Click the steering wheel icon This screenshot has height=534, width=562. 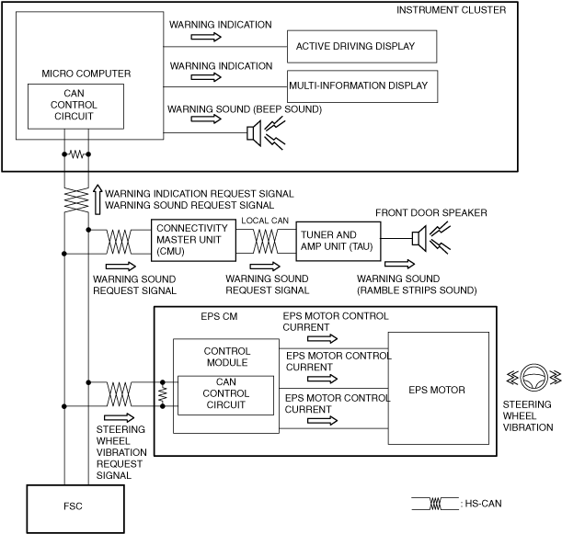click(533, 377)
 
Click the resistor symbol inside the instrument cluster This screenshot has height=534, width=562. click(76, 154)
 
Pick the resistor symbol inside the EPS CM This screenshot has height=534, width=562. click(163, 394)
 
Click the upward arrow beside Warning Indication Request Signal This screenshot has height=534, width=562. click(97, 199)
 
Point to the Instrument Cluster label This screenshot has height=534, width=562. click(451, 10)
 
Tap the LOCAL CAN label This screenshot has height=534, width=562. click(265, 221)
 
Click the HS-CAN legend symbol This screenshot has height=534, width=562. click(435, 504)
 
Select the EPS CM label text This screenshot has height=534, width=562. click(219, 316)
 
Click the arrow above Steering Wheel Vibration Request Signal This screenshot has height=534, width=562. click(119, 417)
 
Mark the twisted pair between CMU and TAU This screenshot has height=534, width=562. click(265, 241)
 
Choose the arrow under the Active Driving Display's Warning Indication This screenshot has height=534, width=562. click(206, 37)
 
